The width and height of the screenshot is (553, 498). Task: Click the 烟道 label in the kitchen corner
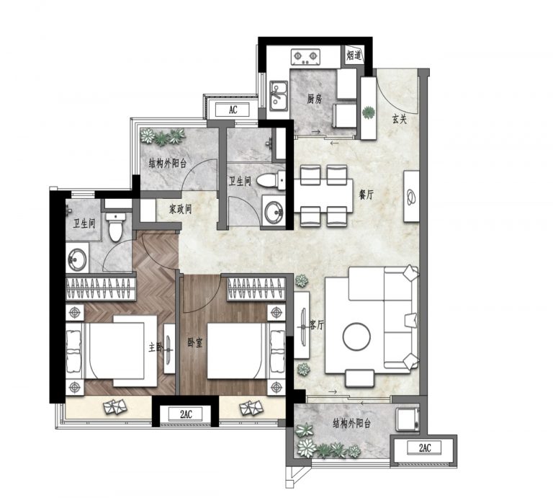[354, 55]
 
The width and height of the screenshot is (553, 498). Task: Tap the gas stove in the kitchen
[305, 57]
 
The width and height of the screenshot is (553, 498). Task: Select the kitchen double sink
[279, 96]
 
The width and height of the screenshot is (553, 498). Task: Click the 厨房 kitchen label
[314, 99]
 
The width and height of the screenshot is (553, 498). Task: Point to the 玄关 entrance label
[400, 120]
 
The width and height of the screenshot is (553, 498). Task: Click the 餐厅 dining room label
[366, 195]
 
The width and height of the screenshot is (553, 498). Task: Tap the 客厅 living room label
[316, 325]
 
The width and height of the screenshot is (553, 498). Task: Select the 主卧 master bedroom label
[156, 347]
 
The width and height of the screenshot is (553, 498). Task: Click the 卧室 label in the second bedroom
[195, 342]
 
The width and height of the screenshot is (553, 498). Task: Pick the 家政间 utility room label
[180, 209]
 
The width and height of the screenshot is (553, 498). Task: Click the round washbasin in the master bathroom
[77, 259]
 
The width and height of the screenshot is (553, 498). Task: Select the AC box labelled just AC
[233, 110]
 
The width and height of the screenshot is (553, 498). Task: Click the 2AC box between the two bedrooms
[186, 414]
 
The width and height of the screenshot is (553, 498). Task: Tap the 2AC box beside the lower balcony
[425, 448]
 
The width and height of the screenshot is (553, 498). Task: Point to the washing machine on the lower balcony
[408, 419]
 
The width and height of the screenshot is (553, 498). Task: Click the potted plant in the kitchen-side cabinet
[369, 112]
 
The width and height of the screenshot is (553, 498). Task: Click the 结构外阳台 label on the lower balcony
[351, 424]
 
